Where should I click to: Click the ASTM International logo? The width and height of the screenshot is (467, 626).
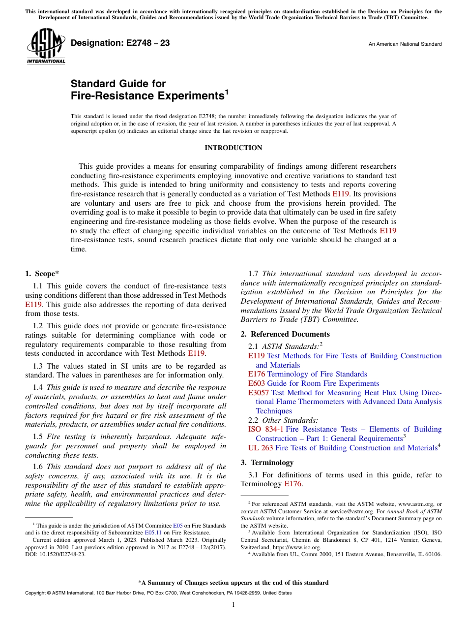46,46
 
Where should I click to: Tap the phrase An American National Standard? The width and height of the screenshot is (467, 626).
405,44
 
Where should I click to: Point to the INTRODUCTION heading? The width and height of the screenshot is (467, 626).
233,148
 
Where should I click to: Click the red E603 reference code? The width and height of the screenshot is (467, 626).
257,383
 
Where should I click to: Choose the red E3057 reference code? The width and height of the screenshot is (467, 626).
260,393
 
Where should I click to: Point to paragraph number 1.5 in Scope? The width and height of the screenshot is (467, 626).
38,437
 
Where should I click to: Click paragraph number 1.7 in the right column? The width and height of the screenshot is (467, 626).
254,274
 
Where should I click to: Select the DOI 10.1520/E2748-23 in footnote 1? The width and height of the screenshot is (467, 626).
55,554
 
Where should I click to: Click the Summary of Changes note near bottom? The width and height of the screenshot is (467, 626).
233,583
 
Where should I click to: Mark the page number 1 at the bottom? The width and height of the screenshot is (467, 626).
233,605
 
